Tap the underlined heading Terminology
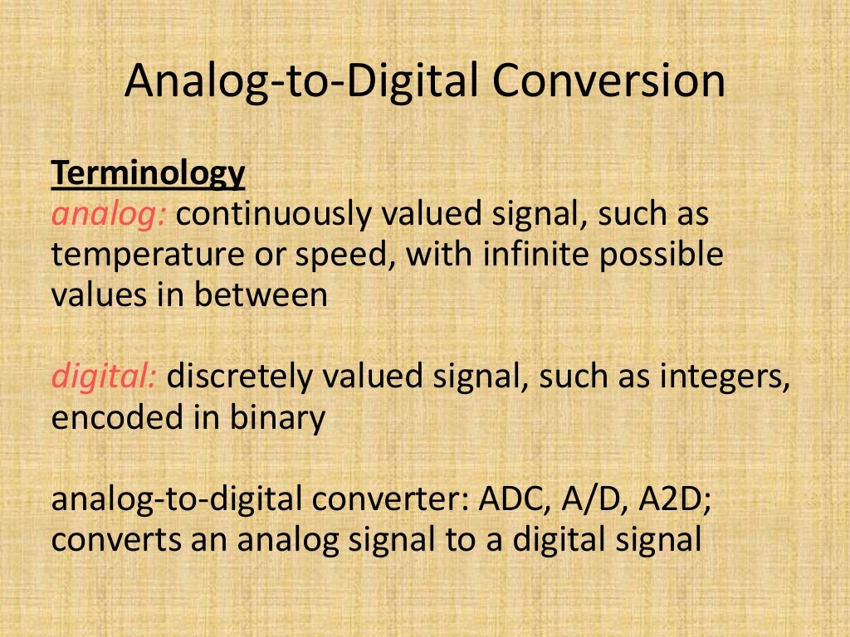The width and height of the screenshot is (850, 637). (x=149, y=173)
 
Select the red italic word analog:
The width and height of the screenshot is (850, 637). (x=110, y=215)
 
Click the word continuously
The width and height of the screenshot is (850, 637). (x=274, y=215)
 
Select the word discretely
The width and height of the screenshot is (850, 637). (x=241, y=377)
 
